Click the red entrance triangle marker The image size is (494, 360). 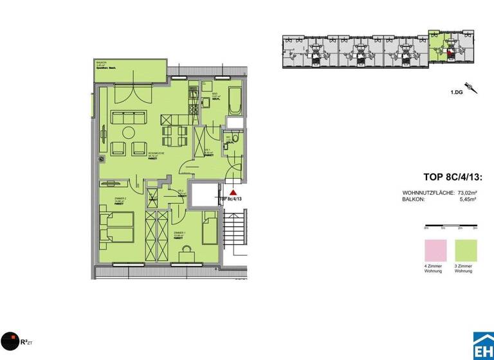(233, 191)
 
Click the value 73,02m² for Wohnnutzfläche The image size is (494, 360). (468, 193)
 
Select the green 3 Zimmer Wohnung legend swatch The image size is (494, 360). (466, 248)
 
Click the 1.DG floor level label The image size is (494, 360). (457, 93)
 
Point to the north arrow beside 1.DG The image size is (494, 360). (473, 88)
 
